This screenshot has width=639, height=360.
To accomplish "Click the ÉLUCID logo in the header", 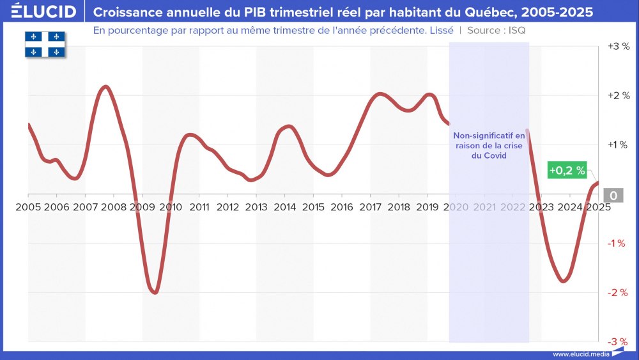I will coord(43,12).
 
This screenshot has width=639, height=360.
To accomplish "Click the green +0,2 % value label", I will coord(567,170).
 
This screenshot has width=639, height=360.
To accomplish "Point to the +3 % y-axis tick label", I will coord(618,47).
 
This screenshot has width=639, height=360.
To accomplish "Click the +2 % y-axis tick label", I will coord(618,96).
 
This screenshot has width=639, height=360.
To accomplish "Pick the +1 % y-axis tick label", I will coord(618,145).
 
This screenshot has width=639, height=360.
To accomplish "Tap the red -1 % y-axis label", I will coord(618,244).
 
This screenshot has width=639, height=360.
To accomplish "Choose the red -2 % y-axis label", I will coord(618,293).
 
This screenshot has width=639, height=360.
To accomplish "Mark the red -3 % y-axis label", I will coord(618,342).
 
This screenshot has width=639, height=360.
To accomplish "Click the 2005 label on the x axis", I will coord(28,207).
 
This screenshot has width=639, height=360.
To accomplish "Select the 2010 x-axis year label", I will coord(171,207).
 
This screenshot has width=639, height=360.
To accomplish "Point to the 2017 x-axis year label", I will coord(371,207).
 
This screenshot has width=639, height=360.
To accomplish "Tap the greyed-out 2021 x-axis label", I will coord(484,207).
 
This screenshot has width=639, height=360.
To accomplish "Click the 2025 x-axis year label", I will coord(598,207).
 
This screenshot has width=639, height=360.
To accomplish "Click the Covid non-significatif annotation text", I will coord(488,146).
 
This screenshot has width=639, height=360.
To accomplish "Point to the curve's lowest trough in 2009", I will coord(155,292).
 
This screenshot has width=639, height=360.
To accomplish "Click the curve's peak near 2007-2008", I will coord(106,86).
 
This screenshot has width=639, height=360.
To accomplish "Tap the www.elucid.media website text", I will coord(580,354).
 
